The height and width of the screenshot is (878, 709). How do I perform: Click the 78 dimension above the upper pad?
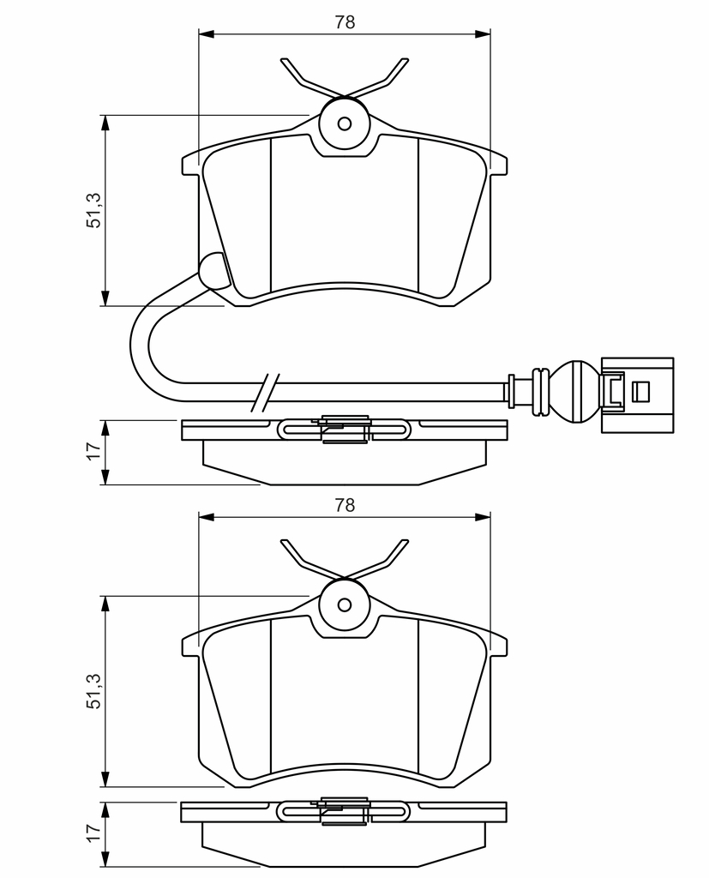345,21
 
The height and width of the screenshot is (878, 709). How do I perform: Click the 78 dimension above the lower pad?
345,505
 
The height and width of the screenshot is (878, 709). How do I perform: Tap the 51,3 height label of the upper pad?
93,210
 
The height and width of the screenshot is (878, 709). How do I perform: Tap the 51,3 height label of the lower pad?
93,691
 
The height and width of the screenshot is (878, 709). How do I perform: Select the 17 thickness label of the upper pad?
93,450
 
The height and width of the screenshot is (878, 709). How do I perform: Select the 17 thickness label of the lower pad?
93,832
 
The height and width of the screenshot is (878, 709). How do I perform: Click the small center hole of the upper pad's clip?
345,123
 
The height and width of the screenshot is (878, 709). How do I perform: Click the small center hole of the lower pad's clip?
345,604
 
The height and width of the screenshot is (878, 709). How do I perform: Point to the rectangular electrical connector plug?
637,395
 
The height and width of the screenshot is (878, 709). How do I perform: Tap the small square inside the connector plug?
640,391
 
